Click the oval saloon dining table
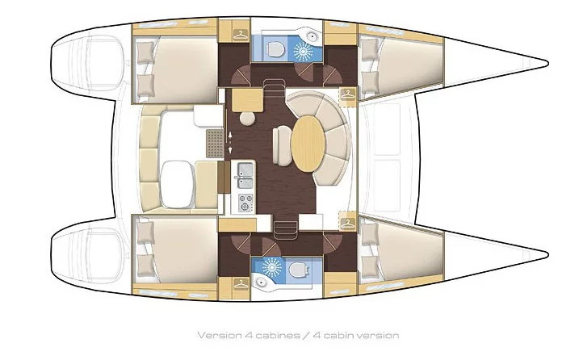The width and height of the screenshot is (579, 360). click(308, 144)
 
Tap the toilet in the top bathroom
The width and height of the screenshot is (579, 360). click(275, 48)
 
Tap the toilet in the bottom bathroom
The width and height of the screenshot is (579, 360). click(298, 270)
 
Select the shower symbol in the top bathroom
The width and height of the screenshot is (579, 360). click(303, 51)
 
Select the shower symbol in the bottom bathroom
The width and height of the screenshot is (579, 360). click(272, 268)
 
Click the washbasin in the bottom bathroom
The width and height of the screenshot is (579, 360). click(262, 283)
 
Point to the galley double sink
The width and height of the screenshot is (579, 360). click(245, 176)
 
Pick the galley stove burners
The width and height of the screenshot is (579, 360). click(245, 203)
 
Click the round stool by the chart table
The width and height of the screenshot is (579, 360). click(247, 119)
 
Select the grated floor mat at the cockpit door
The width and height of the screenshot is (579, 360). click(215, 143)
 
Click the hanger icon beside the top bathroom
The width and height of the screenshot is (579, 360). click(241, 35)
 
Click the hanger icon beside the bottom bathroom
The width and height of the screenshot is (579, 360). click(241, 284)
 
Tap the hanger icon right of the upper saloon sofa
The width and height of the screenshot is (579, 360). click(347, 94)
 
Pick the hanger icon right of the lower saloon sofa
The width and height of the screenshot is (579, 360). click(347, 223)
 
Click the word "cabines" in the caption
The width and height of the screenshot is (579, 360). click(277, 335)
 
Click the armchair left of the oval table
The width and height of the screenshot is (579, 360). click(282, 146)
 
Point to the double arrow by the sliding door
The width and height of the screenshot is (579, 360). click(230, 143)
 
